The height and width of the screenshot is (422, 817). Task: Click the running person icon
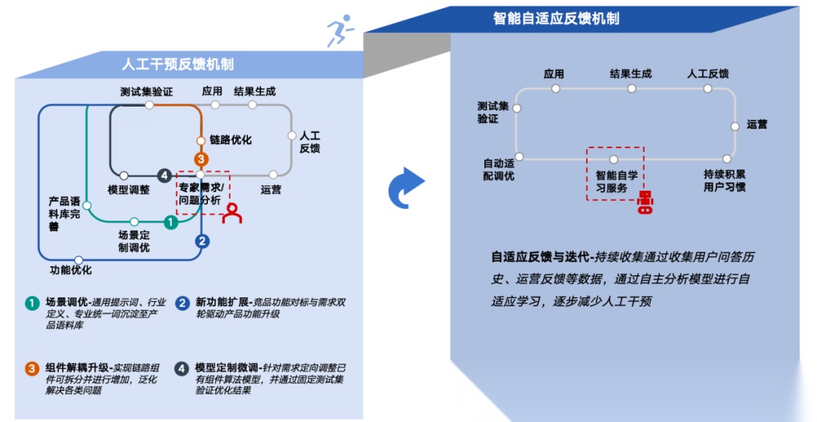340,31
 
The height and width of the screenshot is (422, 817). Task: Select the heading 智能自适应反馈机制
556,18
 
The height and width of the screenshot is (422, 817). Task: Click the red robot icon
645,202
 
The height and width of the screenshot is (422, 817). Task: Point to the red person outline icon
232,213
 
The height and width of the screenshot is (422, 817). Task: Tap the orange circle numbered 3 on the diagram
200,159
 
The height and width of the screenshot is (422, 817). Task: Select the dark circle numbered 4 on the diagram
164,175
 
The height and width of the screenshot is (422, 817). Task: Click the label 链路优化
230,140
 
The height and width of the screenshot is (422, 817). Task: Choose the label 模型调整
129,190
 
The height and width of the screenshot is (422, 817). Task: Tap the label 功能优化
71,270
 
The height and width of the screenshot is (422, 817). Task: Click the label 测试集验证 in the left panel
146,92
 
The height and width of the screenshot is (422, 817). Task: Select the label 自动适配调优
499,169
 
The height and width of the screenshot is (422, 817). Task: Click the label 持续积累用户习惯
724,180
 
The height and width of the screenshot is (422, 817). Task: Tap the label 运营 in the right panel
756,124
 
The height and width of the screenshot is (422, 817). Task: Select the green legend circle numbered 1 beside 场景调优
32,303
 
